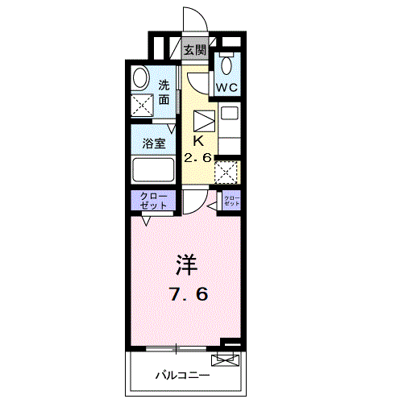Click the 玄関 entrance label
[193, 49]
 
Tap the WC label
[226, 86]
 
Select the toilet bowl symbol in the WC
[227, 64]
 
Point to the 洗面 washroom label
[164, 91]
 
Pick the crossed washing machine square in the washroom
[143, 105]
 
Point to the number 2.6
[197, 158]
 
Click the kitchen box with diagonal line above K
[202, 120]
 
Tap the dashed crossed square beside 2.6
[228, 171]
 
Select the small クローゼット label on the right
[231, 201]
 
